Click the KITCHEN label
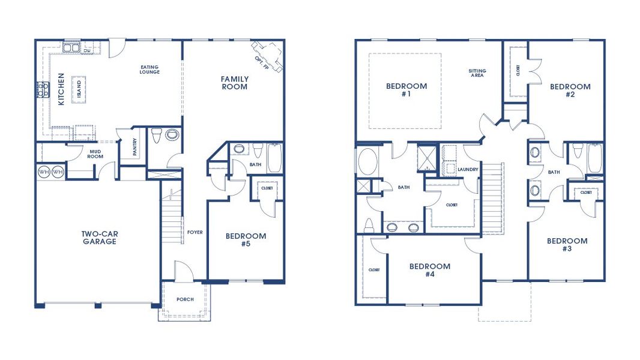click(61, 89)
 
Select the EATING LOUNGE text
click(149, 70)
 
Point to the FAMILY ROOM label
click(234, 83)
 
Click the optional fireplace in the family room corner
click(267, 56)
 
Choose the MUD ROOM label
click(95, 154)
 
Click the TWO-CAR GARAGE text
click(100, 238)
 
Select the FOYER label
click(195, 232)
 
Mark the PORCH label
click(185, 299)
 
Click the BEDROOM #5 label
click(246, 240)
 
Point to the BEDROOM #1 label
click(406, 90)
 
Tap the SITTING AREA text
click(477, 74)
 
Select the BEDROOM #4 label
click(429, 270)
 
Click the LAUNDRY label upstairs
click(468, 170)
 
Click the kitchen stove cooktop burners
click(43, 90)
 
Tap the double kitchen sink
click(72, 47)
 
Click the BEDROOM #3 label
click(567, 245)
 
